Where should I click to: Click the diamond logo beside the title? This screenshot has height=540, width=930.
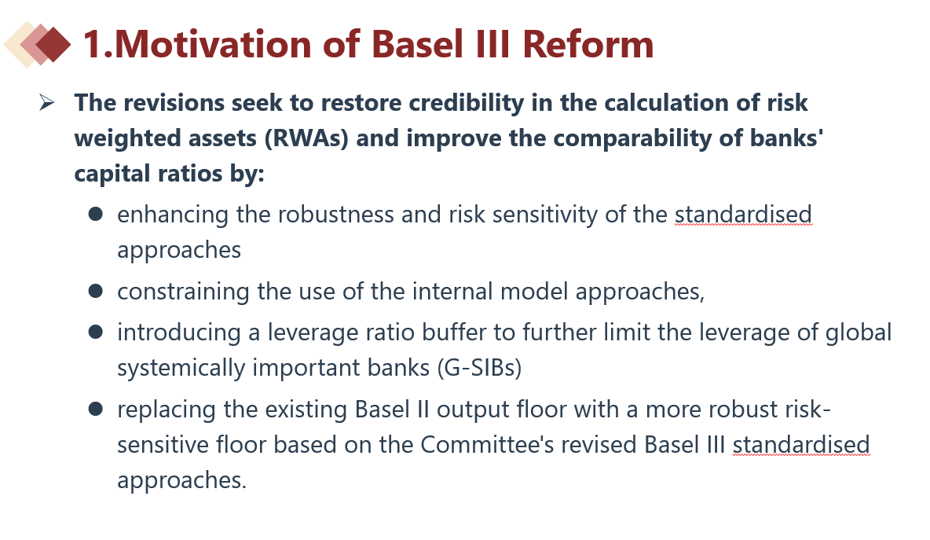38,45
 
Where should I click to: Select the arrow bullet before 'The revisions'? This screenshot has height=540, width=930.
47,103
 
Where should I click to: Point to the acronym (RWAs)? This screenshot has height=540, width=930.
306,138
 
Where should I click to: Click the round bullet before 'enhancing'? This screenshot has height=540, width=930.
96,215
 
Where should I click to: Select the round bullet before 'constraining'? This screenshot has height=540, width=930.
96,292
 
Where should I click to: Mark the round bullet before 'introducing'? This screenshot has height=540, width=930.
96,332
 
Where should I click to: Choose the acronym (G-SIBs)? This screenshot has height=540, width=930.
479,368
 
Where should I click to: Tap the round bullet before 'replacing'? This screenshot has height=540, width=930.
96,409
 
